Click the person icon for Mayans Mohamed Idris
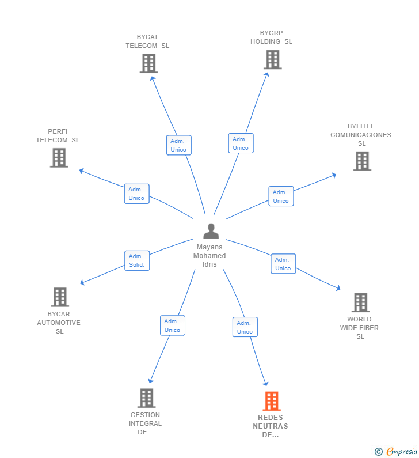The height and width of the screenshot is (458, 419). tap(211, 231)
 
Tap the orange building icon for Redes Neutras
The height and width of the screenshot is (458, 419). tap(272, 401)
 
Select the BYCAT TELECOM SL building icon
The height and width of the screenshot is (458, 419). tap(148, 63)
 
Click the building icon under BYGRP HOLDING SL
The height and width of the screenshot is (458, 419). tap(273, 59)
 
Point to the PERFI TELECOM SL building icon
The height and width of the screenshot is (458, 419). tap(59, 158)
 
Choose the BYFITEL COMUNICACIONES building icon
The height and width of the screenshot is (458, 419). tap(362, 161)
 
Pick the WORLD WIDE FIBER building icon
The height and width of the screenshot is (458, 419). tap(361, 302)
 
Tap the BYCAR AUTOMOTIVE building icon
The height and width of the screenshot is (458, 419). tap(60, 297)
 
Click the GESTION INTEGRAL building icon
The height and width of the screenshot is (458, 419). tap(146, 398)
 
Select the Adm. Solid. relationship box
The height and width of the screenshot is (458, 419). tap(137, 260)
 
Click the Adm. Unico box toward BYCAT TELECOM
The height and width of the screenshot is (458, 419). tap(179, 145)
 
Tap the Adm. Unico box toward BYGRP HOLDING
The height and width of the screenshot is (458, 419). tap(241, 143)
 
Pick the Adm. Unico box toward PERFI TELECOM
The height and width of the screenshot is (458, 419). tap(137, 194)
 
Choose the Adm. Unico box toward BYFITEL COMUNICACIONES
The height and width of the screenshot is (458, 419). tap(281, 196)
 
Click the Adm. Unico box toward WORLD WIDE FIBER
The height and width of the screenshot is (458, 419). tap(283, 264)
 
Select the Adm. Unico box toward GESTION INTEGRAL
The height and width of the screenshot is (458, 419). tap(173, 325)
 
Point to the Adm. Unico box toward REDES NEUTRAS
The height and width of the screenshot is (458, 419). tap(245, 327)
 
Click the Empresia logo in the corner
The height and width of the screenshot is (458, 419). tap(396, 452)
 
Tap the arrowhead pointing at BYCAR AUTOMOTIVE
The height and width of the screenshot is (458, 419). tap(82, 282)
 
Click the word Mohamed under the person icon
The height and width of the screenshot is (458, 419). tap(209, 256)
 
